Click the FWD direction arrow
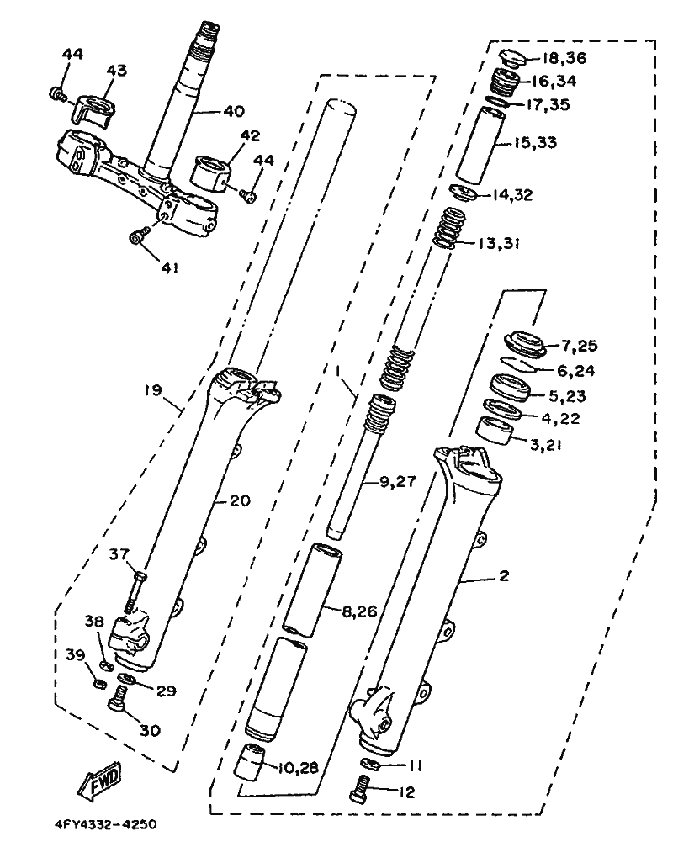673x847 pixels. coord(100,779)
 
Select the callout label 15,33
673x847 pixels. coord(558,144)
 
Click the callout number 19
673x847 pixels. coord(151,390)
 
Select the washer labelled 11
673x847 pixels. coord(368,764)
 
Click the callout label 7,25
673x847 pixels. coord(579,346)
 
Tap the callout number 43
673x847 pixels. coord(116,71)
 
